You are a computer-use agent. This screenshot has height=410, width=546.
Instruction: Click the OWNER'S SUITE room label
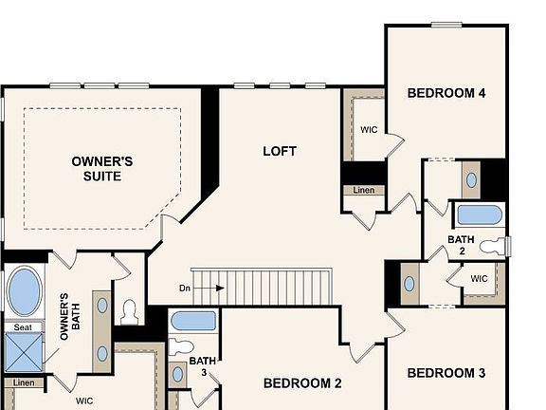pyautogui.click(x=101, y=168)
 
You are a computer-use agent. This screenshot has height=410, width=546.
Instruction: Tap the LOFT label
pyautogui.click(x=280, y=151)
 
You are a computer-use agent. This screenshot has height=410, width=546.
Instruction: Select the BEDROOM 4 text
pyautogui.click(x=446, y=93)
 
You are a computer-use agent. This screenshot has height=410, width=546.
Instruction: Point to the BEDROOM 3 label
pyautogui.click(x=446, y=373)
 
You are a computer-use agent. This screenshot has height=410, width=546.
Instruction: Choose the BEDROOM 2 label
pyautogui.click(x=301, y=383)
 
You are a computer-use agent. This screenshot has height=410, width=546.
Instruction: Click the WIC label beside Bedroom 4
pyautogui.click(x=370, y=130)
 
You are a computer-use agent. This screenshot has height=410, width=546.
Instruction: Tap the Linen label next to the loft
pyautogui.click(x=363, y=191)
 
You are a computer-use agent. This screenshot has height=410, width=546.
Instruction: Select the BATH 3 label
pyautogui.click(x=202, y=366)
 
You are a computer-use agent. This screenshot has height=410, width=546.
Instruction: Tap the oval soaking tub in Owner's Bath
pyautogui.click(x=25, y=290)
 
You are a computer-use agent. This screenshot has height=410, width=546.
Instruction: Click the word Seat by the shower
pyautogui.click(x=21, y=327)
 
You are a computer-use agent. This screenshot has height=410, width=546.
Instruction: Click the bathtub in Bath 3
pyautogui.click(x=193, y=321)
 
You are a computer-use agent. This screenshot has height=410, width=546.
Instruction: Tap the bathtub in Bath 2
pyautogui.click(x=479, y=214)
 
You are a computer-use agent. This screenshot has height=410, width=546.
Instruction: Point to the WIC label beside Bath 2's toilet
pyautogui.click(x=479, y=279)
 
